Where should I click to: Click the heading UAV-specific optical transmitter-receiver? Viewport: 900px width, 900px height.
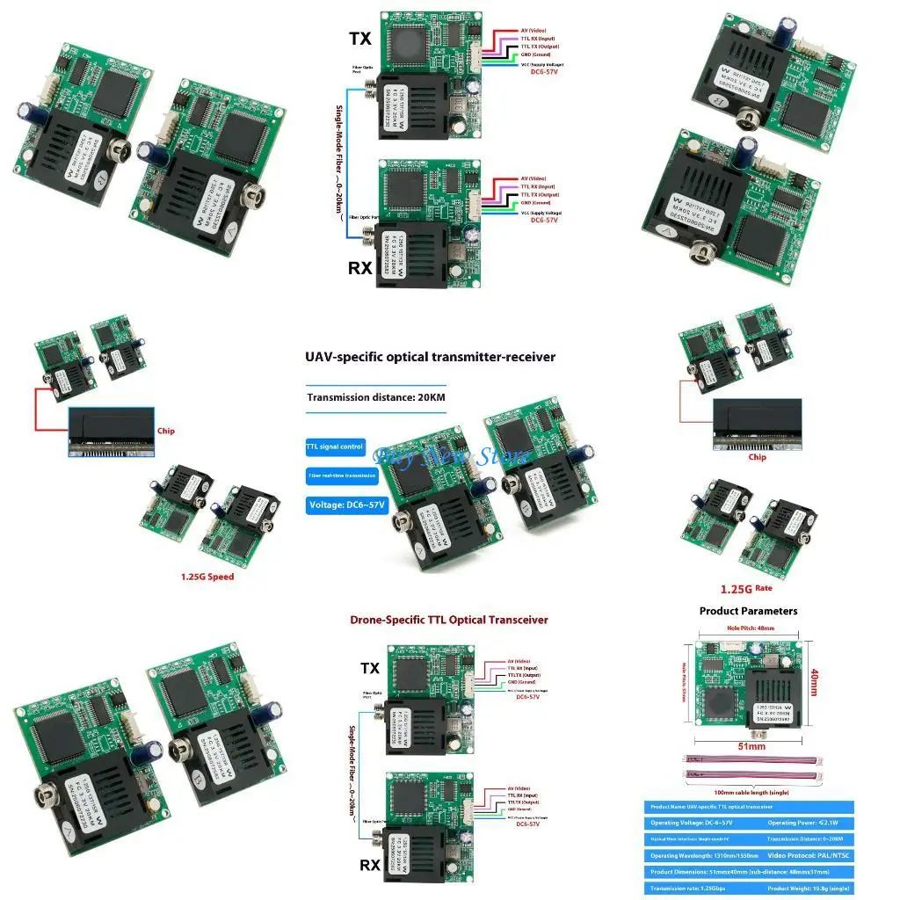430,357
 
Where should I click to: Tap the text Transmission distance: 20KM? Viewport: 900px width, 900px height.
376,397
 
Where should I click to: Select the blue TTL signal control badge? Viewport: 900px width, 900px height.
334,447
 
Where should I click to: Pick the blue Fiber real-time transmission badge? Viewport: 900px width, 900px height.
341,475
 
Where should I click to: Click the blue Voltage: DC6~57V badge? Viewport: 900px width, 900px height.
346,505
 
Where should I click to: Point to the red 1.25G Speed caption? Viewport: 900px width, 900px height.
207,577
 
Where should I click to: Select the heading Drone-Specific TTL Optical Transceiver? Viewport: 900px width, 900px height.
448,620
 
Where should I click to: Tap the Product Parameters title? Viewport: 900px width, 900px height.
748,611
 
